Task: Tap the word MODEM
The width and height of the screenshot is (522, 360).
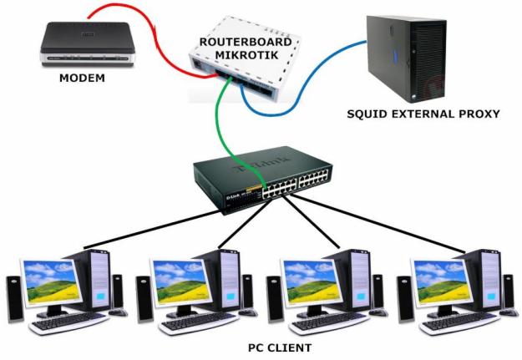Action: click(82, 79)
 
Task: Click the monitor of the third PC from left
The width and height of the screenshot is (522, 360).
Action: click(313, 282)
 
